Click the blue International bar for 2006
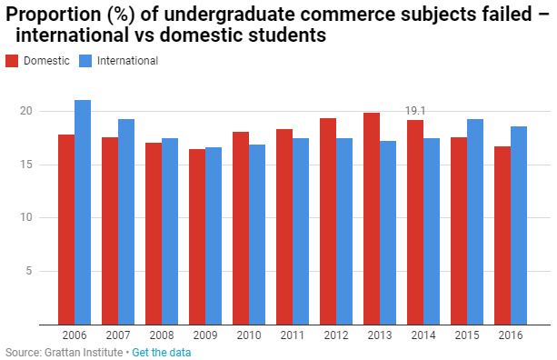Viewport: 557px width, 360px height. click(x=83, y=213)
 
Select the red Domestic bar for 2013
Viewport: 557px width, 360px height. click(x=372, y=219)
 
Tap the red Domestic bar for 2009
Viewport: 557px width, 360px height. click(x=197, y=237)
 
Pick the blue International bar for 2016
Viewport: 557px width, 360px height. click(x=519, y=225)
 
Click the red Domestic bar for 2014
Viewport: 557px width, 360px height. click(x=415, y=223)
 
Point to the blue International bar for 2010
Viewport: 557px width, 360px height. click(x=257, y=235)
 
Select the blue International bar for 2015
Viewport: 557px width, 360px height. click(x=475, y=222)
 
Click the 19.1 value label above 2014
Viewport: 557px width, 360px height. click(x=415, y=111)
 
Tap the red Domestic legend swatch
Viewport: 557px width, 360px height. click(x=12, y=61)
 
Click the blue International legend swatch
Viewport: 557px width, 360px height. click(x=85, y=61)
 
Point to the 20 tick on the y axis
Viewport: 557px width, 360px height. click(x=26, y=111)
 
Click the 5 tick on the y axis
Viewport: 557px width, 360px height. click(x=29, y=271)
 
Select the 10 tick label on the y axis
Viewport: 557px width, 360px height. click(x=26, y=217)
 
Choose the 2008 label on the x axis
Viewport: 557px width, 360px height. click(x=162, y=335)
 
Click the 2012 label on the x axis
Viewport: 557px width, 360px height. click(x=336, y=335)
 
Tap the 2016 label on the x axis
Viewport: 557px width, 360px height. click(x=511, y=335)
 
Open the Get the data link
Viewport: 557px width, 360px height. click(x=161, y=353)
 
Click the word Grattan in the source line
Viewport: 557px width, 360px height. click(x=60, y=353)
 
